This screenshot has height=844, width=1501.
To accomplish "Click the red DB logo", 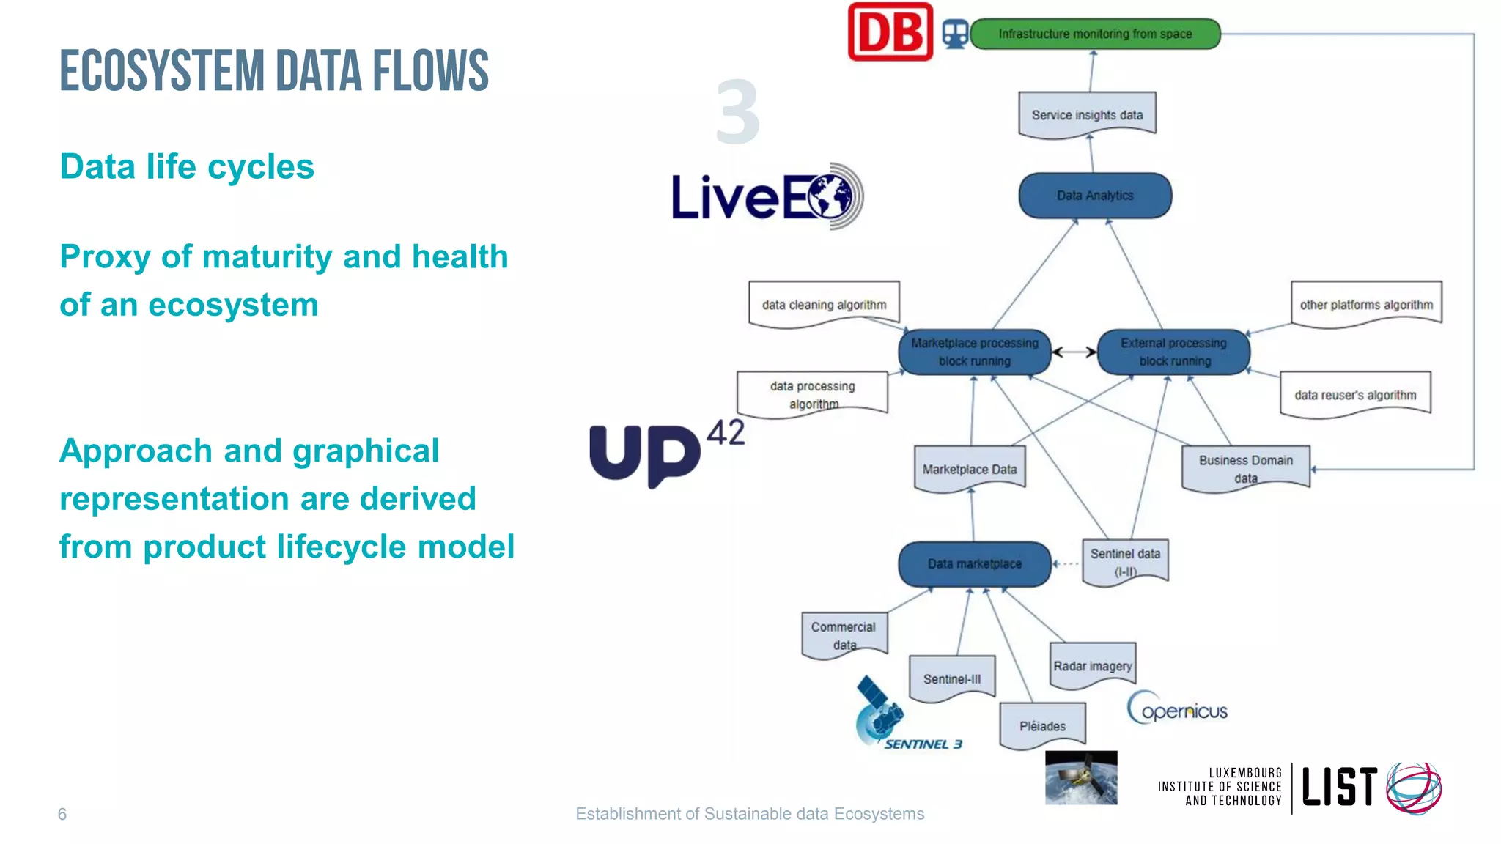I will pos(890,32).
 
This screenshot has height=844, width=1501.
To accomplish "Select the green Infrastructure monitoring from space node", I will pos(1095,34).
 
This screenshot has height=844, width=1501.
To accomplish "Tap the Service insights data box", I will pos(1087,115).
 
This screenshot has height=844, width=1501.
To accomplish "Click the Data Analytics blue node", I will pos(1095,196).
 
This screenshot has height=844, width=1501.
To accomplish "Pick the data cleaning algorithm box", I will pos(824,304).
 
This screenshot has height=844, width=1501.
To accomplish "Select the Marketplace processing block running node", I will pos(974,352).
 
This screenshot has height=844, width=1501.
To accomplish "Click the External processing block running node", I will pos(1174,352).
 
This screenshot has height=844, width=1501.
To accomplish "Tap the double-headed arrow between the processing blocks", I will pos(1074,352).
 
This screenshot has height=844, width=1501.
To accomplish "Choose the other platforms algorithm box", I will pos(1366,304).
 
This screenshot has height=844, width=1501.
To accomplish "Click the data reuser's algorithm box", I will pos(1355,395).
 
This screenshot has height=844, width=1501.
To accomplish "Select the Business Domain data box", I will pos(1245,467).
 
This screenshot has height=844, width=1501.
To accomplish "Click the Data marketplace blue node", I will pos(974,563).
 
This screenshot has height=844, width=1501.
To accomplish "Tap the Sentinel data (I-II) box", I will pos(1125,561).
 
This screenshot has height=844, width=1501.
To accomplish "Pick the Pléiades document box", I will pos(1042,725).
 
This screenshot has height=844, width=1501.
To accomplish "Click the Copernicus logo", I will pos(1177,708).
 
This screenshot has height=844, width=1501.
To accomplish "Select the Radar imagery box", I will pos(1092,665).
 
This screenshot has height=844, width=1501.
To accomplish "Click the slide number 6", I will pos(62,814).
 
